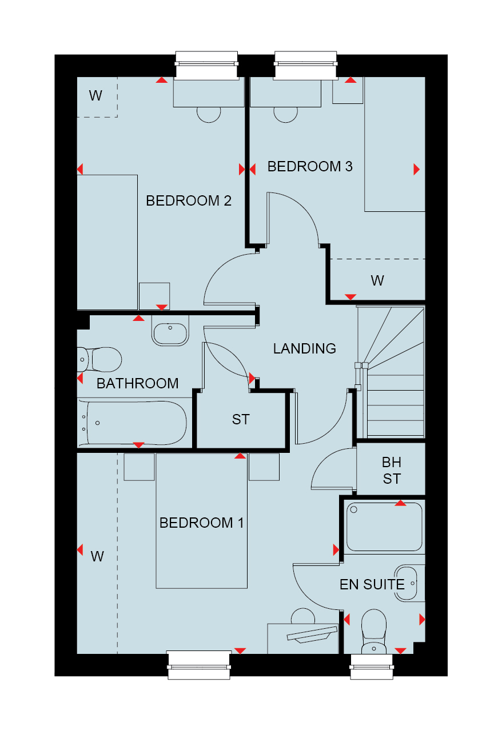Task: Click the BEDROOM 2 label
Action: (x=189, y=200)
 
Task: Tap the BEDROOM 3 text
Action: (x=310, y=166)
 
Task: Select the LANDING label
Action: (x=305, y=348)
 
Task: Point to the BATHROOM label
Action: (x=138, y=383)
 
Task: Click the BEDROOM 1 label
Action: (x=202, y=523)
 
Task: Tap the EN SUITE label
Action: (x=372, y=584)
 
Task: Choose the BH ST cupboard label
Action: (x=392, y=471)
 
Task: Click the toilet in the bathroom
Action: (x=99, y=360)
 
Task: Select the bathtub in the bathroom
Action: (x=132, y=423)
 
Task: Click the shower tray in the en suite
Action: (x=384, y=527)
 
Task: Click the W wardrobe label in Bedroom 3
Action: (x=377, y=280)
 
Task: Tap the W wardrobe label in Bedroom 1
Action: (x=97, y=556)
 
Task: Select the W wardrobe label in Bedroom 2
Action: (x=95, y=95)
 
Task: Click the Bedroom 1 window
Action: (x=199, y=665)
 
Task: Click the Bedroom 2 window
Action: (x=206, y=65)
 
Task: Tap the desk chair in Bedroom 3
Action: (x=286, y=115)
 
